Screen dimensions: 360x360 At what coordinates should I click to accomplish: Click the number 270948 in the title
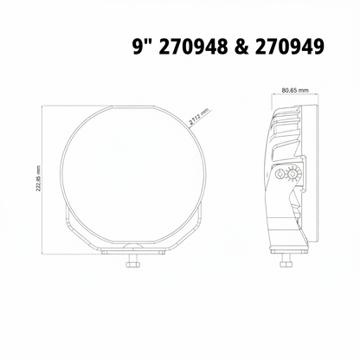(193, 47)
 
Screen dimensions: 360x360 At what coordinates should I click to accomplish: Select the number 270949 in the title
(290, 47)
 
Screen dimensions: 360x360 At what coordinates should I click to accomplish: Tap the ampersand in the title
(241, 47)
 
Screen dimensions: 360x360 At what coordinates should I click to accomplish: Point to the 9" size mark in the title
(143, 46)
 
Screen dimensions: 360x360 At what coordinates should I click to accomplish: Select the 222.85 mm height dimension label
(38, 179)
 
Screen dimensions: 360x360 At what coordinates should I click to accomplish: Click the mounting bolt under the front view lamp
(132, 260)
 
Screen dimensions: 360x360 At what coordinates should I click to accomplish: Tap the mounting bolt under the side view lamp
(285, 260)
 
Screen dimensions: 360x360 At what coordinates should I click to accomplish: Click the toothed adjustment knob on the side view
(293, 175)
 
